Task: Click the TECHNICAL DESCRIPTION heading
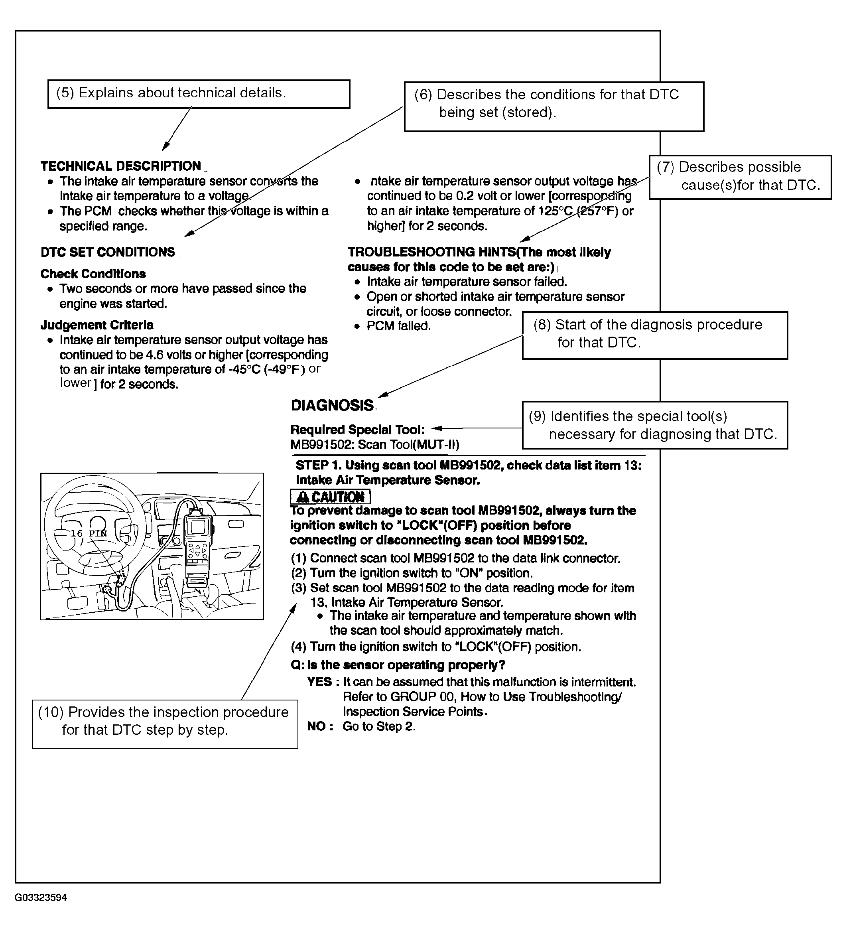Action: [121, 166]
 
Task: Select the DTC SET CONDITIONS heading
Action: [108, 252]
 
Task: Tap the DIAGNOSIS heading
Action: [332, 405]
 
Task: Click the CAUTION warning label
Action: [330, 497]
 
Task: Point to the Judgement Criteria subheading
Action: [97, 325]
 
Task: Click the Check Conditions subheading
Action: [93, 274]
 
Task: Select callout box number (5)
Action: [199, 94]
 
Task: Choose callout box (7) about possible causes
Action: [740, 177]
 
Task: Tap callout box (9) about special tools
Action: [654, 425]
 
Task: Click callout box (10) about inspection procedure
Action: [165, 724]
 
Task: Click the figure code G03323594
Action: [41, 897]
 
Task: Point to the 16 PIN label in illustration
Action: [89, 533]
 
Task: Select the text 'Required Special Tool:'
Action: [358, 430]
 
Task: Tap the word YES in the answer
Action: [319, 682]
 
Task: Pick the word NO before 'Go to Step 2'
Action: [317, 726]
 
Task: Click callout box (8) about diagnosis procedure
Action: [654, 335]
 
